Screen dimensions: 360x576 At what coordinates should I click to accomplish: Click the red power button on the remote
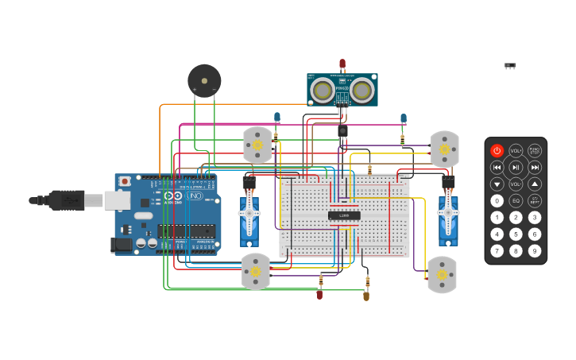tap(497, 150)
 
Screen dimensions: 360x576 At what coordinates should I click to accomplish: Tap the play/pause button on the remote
tap(516, 167)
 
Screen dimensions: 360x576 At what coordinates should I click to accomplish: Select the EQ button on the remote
tap(516, 201)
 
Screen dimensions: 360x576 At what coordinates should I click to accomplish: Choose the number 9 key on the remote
tap(535, 251)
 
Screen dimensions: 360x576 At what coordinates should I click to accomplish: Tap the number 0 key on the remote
tap(497, 201)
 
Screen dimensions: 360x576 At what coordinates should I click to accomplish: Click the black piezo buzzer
tap(204, 81)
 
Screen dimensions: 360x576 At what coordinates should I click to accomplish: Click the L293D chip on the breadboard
tap(344, 215)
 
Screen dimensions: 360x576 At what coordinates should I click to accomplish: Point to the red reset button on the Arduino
tap(125, 181)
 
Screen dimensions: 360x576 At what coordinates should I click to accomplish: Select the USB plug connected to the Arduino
tap(68, 200)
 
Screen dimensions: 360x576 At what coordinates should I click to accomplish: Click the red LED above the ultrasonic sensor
tap(342, 64)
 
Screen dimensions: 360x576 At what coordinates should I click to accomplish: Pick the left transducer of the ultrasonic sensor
tap(322, 90)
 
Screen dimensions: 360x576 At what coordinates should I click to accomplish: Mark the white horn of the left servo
tap(249, 213)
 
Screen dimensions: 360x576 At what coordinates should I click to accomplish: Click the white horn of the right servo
tap(448, 213)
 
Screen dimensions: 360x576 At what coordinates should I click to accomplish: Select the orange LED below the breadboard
tap(366, 296)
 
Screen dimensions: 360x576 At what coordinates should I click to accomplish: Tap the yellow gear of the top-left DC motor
tap(257, 145)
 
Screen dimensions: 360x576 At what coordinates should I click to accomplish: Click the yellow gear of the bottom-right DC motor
tap(442, 275)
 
